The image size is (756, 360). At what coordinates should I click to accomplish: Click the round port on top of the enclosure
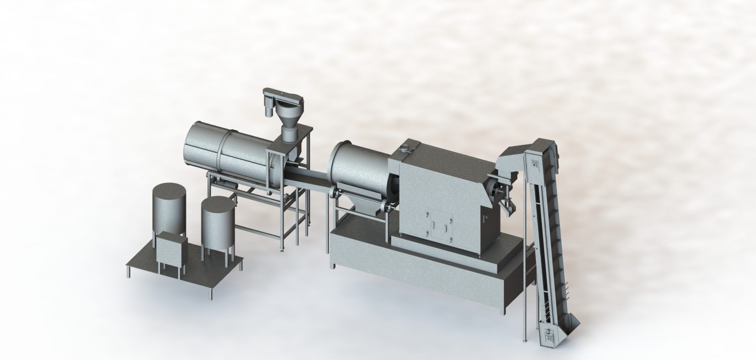point(405,148)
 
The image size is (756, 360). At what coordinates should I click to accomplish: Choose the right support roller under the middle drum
point(386,206)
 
